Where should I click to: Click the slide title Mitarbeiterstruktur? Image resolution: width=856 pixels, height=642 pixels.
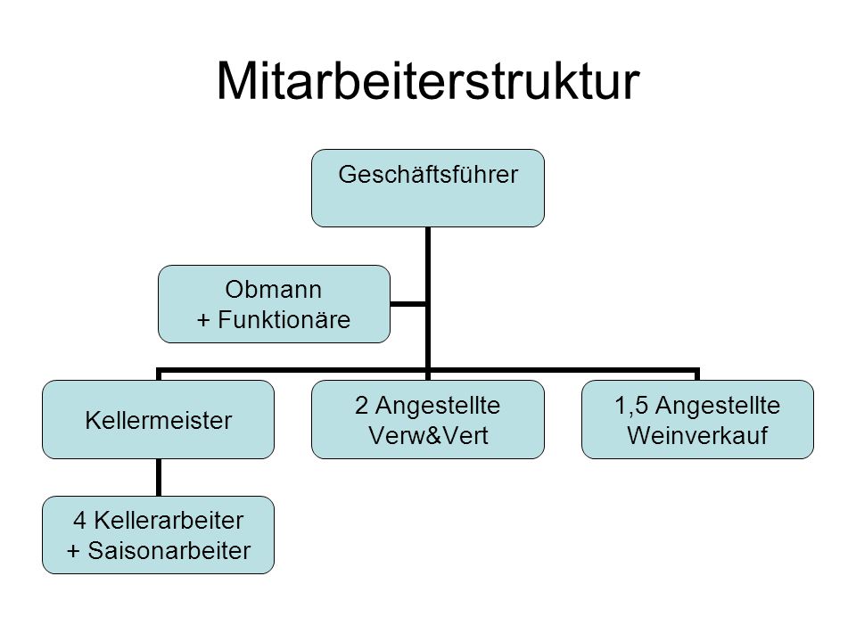click(x=428, y=81)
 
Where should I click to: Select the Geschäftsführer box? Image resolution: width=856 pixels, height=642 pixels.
click(x=428, y=188)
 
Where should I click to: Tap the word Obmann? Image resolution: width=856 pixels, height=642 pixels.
click(x=273, y=289)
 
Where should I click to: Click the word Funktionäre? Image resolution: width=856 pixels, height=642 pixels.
click(x=284, y=319)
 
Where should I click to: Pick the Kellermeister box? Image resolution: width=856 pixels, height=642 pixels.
click(x=159, y=419)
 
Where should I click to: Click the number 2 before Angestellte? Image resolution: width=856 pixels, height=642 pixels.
click(x=361, y=406)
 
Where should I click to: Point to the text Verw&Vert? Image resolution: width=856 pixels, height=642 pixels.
click(x=428, y=436)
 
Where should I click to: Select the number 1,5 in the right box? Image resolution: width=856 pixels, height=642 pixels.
click(x=631, y=406)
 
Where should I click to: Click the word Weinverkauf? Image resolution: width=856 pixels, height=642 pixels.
click(x=697, y=436)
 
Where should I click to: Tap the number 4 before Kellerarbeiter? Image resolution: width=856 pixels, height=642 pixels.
click(x=79, y=520)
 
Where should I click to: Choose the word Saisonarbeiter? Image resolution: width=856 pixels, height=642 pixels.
click(x=169, y=550)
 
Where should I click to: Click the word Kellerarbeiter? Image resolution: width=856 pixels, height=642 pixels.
click(x=169, y=520)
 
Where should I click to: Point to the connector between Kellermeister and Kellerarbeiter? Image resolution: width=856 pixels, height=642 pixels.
click(x=159, y=478)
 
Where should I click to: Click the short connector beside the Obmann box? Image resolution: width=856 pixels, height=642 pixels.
click(x=407, y=304)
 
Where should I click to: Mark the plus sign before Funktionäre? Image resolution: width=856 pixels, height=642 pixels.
click(x=203, y=320)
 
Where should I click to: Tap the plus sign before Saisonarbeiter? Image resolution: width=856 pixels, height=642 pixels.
click(x=73, y=551)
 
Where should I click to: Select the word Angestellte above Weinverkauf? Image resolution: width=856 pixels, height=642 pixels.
click(x=717, y=406)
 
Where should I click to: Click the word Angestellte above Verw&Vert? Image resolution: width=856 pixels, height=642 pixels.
click(x=438, y=406)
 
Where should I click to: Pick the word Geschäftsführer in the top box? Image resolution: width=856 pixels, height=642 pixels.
click(x=428, y=175)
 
